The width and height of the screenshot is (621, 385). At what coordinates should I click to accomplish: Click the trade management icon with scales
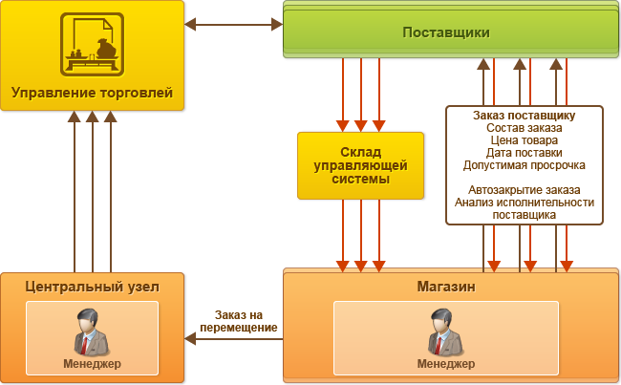tap(92, 44)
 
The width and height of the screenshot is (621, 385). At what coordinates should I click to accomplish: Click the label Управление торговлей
tap(92, 93)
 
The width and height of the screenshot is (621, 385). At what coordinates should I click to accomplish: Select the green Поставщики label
tap(446, 32)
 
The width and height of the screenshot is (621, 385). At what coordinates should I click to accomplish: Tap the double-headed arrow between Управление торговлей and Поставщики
tap(234, 24)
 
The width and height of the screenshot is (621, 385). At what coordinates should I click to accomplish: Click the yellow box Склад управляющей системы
tap(360, 165)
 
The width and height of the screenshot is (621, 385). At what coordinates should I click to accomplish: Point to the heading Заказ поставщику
tap(524, 116)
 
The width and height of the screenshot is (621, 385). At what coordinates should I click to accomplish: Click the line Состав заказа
tap(524, 128)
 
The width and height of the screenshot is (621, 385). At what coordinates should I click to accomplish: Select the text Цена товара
tap(524, 140)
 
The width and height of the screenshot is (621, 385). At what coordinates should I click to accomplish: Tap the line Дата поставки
tap(524, 153)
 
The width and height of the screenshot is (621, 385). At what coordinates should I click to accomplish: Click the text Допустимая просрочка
tap(524, 165)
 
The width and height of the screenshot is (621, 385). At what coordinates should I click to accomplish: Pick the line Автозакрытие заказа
tap(524, 190)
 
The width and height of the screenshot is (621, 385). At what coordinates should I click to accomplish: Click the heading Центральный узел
tap(93, 287)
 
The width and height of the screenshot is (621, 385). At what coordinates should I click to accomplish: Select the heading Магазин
tap(446, 287)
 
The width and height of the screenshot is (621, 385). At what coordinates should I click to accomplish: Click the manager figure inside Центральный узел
tap(91, 332)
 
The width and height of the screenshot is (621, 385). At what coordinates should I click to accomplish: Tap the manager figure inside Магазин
tap(445, 332)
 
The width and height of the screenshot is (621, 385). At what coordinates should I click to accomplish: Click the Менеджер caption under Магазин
tap(446, 364)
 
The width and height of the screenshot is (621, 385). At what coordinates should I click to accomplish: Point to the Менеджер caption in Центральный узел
tap(93, 364)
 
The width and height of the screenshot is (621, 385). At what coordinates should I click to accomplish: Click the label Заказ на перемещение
tap(239, 321)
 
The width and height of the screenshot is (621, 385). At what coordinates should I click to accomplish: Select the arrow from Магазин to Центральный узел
tap(234, 339)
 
